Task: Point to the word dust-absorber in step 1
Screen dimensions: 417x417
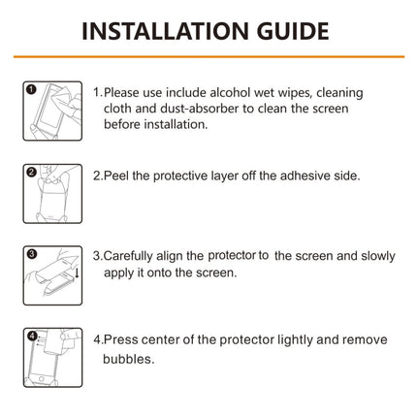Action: pos(187,109)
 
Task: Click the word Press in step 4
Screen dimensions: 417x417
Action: pos(123,340)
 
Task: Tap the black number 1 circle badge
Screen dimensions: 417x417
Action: pos(31,89)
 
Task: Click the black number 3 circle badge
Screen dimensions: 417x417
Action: pos(31,254)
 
